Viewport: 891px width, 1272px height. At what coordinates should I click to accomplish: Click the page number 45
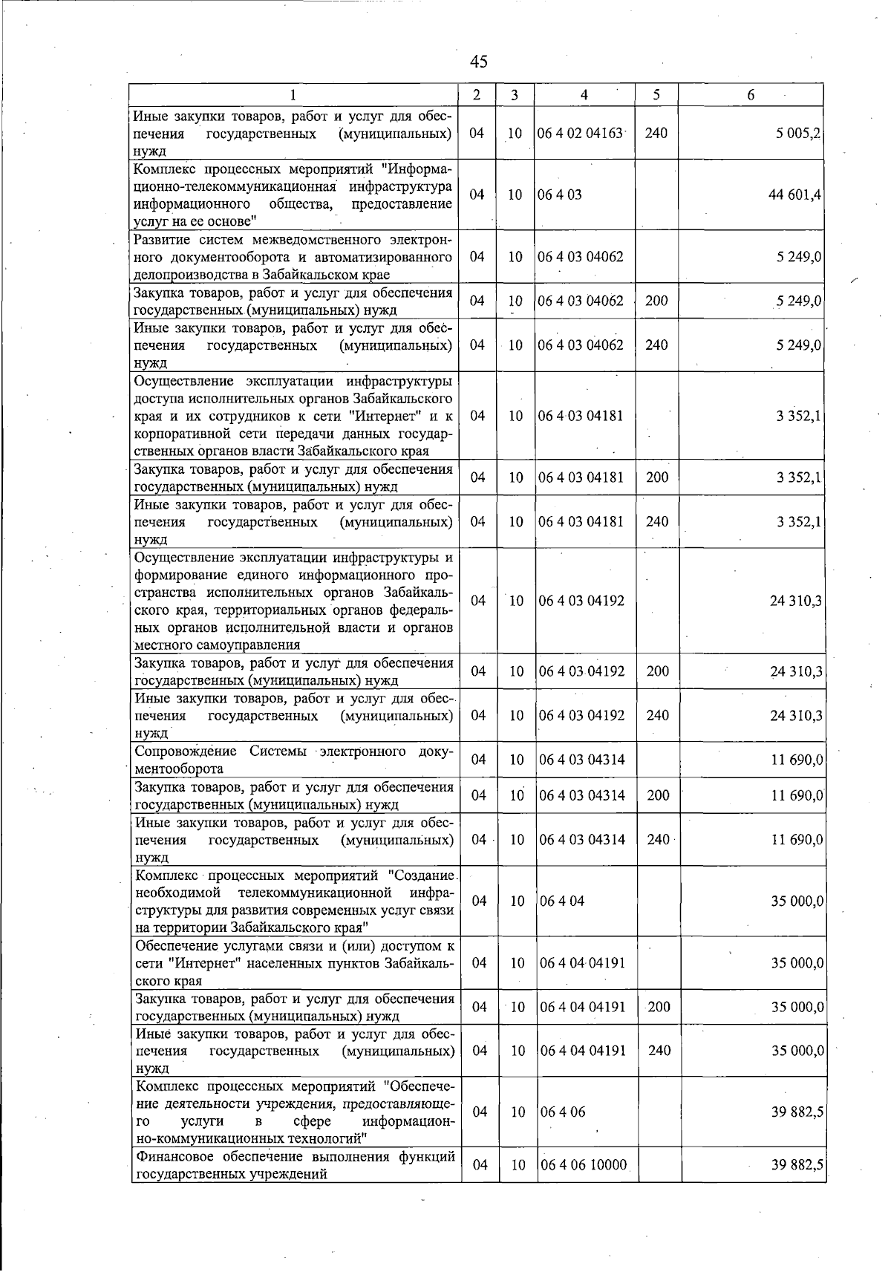coord(479,62)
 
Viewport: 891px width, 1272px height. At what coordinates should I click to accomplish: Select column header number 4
coord(584,95)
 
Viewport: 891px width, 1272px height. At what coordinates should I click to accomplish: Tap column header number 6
coord(751,95)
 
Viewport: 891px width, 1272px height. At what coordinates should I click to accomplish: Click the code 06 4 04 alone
coord(562,901)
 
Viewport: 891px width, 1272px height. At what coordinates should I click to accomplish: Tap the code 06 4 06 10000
coord(584,1166)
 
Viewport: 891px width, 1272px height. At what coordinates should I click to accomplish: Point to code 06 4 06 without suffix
coord(563,1112)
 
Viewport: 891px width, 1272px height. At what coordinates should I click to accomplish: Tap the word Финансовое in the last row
coord(170,1157)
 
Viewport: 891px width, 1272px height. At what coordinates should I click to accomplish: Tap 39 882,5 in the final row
coord(797,1166)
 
